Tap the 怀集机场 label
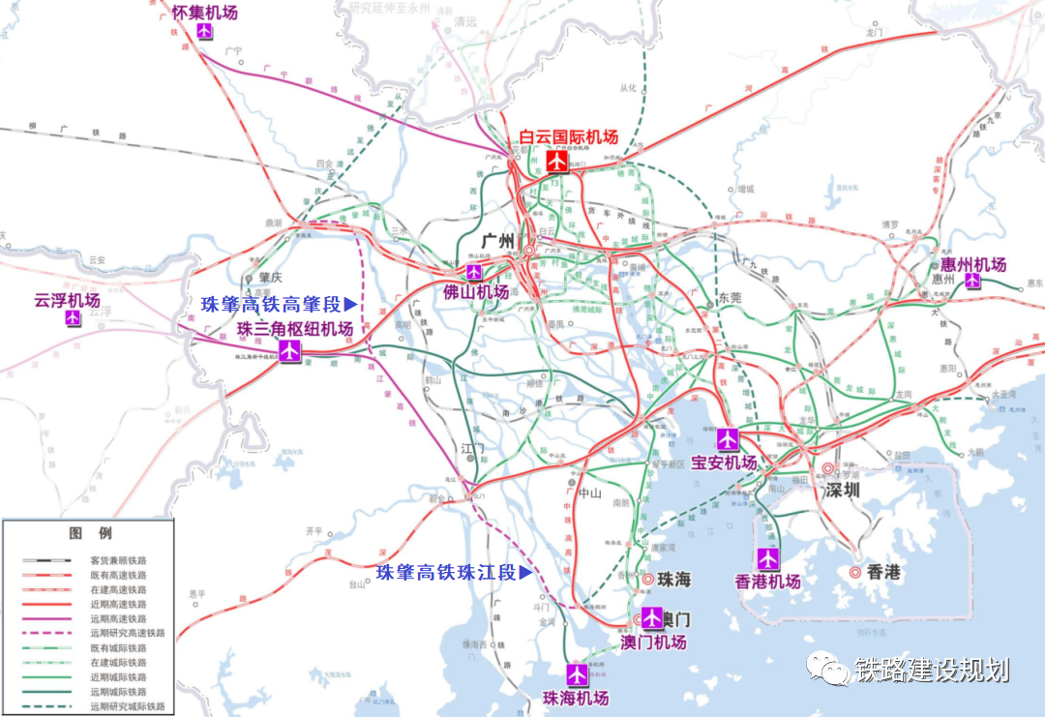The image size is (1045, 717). tap(204, 13)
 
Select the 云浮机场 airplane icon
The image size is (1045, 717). tap(74, 317)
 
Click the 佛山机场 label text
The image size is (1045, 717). tap(475, 291)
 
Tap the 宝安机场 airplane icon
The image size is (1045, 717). tap(729, 439)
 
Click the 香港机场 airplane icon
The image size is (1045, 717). tap(767, 558)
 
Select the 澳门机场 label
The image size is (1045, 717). tap(653, 642)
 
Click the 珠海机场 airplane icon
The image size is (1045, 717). tap(578, 673)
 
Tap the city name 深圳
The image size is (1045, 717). tap(842, 490)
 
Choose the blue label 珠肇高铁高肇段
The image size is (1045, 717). tap(274, 304)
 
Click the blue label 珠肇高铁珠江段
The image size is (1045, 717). tap(447, 572)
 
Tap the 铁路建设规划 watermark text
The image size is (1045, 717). tap(931, 671)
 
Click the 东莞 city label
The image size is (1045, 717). tap(730, 299)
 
